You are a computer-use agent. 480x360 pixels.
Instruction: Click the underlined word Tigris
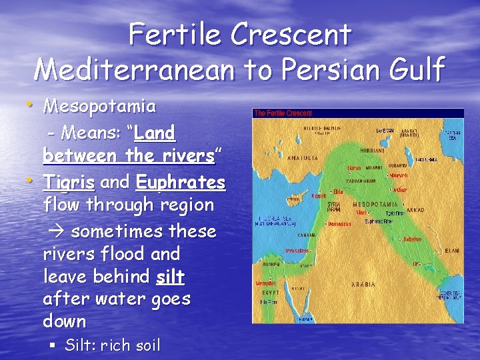point(69,181)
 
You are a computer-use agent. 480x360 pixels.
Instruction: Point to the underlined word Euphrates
point(181,181)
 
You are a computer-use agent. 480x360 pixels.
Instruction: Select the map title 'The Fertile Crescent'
point(283,113)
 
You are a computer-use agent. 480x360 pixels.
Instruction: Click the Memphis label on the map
point(265,283)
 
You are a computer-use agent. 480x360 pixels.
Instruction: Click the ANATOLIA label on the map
point(301,159)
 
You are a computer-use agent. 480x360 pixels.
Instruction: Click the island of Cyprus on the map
point(293,198)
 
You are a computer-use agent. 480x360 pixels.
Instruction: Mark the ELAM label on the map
point(451,251)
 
